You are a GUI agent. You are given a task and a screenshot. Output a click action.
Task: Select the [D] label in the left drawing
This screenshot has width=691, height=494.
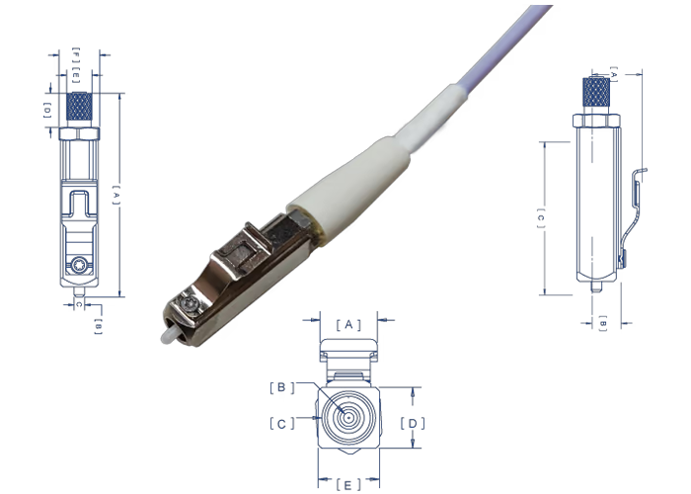pyautogui.click(x=47, y=110)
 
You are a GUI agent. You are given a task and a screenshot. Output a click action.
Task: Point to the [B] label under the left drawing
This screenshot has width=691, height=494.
pyautogui.click(x=97, y=325)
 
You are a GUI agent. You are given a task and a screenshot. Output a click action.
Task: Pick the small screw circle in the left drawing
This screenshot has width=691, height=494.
pyautogui.click(x=78, y=264)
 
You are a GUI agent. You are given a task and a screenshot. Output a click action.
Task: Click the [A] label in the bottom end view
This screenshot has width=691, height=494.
pyautogui.click(x=347, y=324)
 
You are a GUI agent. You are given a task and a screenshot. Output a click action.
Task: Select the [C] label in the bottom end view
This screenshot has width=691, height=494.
pyautogui.click(x=280, y=423)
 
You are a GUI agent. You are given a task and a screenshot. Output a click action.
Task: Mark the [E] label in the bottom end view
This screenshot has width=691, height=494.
pyautogui.click(x=346, y=484)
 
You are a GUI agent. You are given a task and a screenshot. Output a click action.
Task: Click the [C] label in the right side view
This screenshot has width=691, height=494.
pyautogui.click(x=540, y=218)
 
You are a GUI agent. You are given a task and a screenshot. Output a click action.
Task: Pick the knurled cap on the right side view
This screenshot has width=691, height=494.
pyautogui.click(x=595, y=94)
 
